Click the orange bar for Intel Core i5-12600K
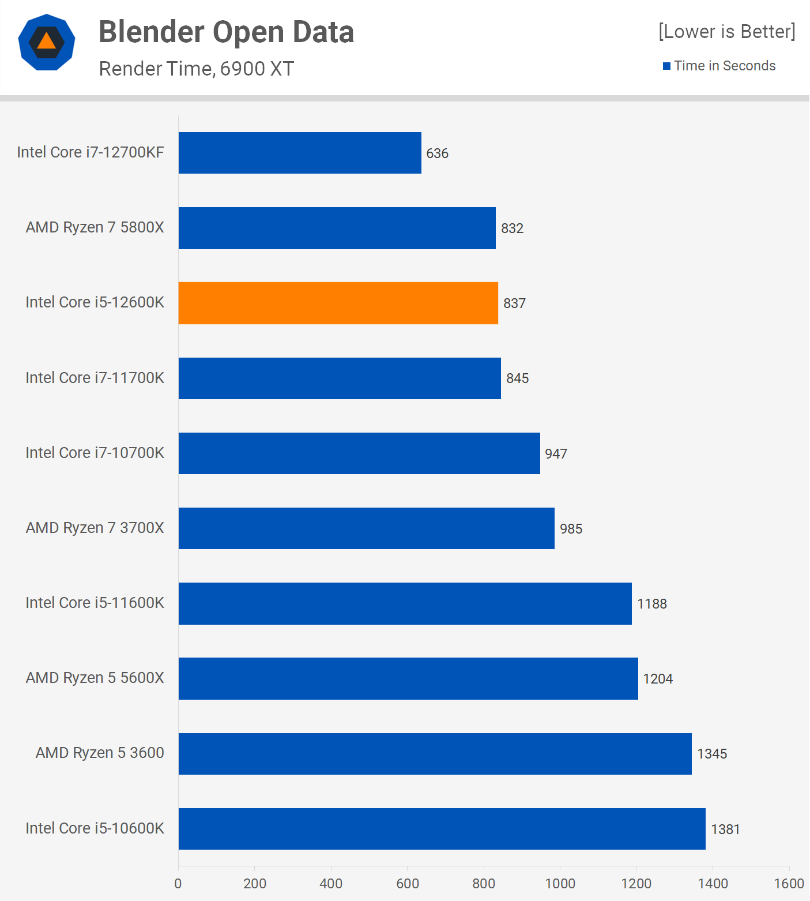338,303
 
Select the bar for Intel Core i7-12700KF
300,153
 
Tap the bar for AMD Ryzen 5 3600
435,753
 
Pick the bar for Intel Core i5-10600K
442,828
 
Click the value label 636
437,153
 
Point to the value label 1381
725,829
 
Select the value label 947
556,454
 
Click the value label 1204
657,679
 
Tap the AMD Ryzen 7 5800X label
95,227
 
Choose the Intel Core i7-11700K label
95,378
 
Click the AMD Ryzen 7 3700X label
95,528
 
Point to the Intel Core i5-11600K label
95,603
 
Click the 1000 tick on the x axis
560,884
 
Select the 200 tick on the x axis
255,884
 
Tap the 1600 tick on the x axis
789,884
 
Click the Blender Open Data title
226,32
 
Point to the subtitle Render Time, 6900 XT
197,69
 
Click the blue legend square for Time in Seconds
666,66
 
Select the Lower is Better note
726,31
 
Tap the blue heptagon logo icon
47,42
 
